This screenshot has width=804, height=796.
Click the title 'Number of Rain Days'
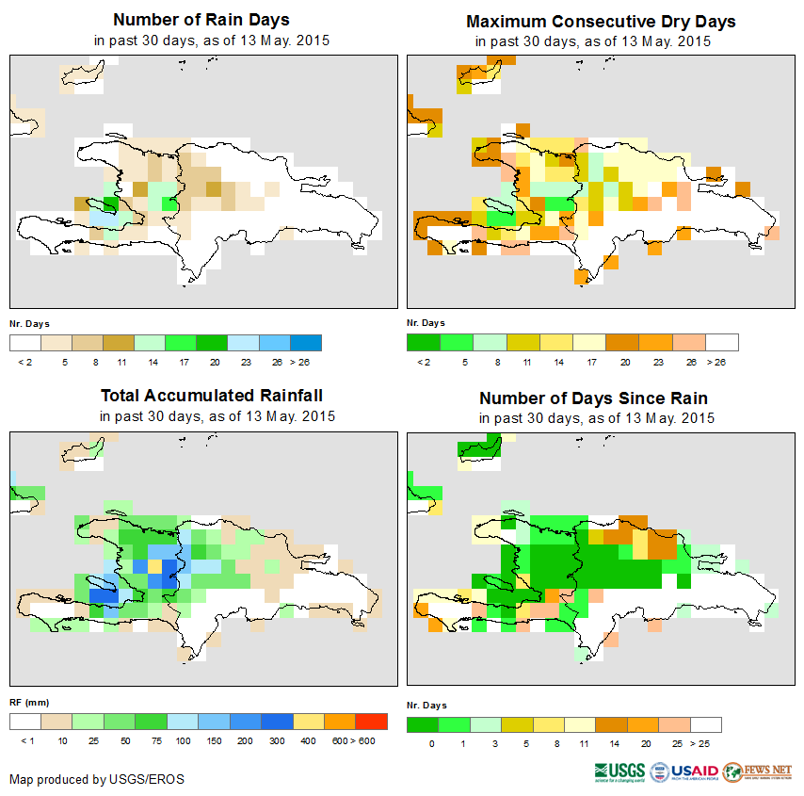201,20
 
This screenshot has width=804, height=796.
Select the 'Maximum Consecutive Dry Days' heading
601,21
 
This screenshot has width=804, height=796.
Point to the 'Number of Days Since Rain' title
593,398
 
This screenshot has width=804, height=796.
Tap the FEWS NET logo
758,772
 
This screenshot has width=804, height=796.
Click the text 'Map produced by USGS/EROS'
97,779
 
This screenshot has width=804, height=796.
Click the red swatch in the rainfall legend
372,722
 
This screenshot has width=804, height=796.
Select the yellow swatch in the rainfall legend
308,722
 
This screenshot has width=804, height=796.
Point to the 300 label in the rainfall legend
276,741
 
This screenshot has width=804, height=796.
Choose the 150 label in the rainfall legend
212,741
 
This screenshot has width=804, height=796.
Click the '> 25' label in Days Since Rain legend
706,743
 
